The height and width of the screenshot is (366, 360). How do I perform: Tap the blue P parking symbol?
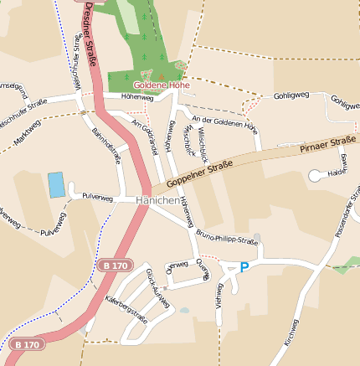click(244, 267)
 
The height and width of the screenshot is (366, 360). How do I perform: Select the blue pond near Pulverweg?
click(56, 185)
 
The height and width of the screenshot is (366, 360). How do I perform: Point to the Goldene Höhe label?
click(162, 85)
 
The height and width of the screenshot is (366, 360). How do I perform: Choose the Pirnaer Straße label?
click(327, 145)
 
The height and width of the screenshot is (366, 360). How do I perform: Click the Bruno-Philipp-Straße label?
click(227, 239)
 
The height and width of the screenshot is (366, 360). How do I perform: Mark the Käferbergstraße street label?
click(126, 309)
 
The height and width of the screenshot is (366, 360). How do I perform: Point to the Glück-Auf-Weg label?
click(157, 287)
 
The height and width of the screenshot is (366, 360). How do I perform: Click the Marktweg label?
click(28, 131)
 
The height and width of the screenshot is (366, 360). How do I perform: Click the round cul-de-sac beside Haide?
click(315, 176)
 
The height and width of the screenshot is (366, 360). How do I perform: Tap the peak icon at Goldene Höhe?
click(161, 75)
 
